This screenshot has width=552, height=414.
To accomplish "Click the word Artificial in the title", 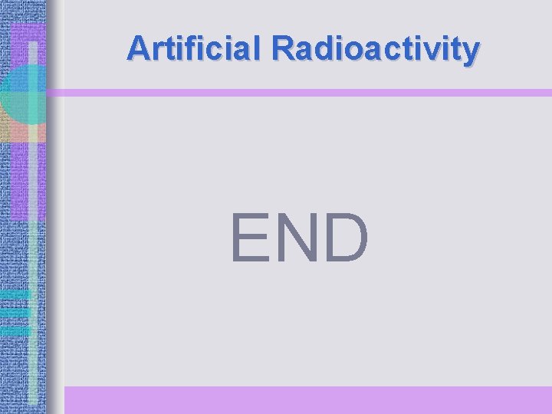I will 195,48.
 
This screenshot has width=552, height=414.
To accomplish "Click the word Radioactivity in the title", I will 376,48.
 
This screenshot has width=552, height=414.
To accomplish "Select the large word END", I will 300,238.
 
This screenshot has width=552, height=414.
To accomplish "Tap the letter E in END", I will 250,238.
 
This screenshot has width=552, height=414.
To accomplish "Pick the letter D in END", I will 346,238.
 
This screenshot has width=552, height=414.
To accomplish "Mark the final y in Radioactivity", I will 472,51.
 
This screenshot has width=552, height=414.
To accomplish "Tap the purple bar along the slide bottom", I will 307,399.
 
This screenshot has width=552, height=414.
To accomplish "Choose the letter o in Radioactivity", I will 346,50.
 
